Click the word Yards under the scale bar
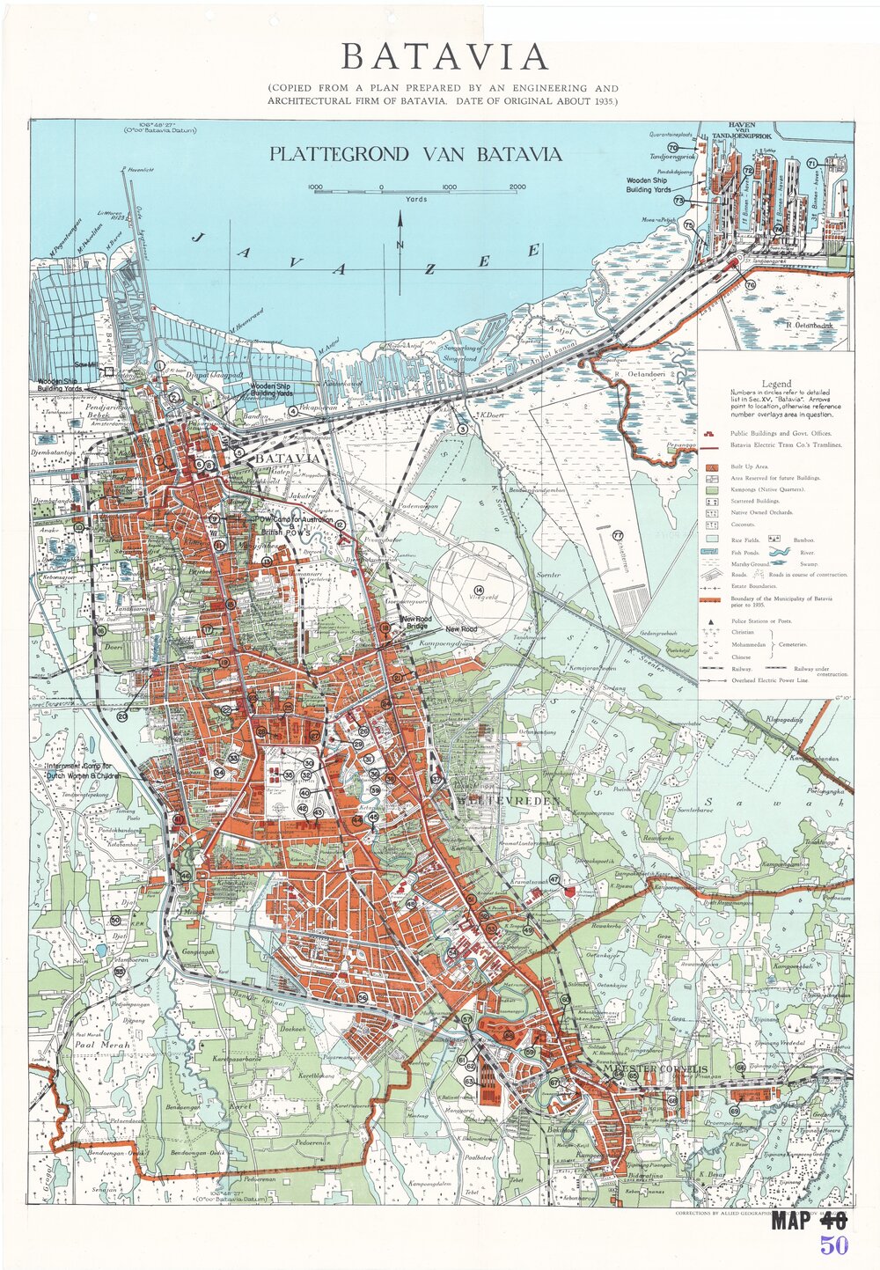(415, 200)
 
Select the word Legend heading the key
(777, 384)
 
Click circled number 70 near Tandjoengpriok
(673, 147)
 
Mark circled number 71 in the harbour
(812, 163)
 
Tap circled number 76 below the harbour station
(750, 285)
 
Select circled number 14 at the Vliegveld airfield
(479, 590)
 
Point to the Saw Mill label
(86, 364)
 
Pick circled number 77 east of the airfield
(619, 535)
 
